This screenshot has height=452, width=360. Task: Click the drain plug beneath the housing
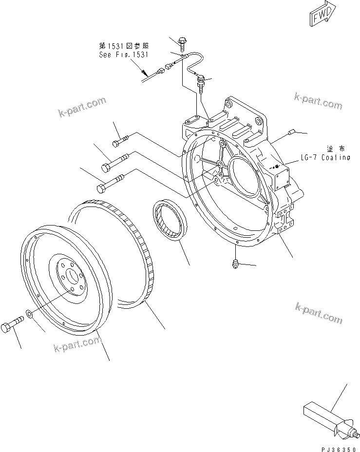click(x=233, y=264)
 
